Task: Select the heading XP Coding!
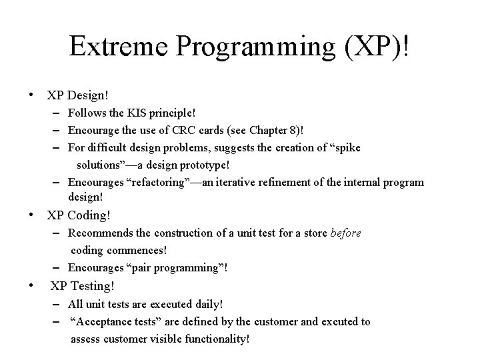(79, 215)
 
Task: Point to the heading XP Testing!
(83, 286)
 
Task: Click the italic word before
(346, 233)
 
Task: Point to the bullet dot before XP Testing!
(32, 286)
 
